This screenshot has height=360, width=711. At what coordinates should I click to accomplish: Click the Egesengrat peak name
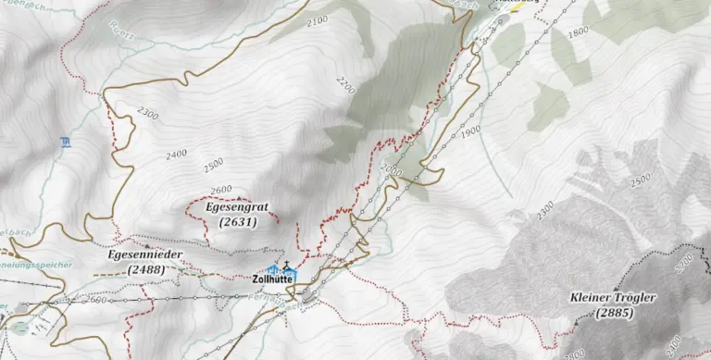(x=237, y=208)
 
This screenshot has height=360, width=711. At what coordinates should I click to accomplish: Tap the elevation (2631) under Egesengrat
(x=237, y=222)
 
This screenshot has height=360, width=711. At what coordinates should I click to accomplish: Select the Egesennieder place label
(x=145, y=254)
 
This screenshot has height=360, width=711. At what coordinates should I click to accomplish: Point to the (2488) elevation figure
(x=146, y=268)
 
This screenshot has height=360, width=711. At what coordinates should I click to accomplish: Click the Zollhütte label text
(x=272, y=278)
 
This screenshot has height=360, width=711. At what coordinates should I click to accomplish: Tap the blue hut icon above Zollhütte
(x=272, y=268)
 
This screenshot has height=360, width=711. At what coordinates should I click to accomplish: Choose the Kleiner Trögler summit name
(x=614, y=298)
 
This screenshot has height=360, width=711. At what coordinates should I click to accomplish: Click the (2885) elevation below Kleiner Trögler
(x=614, y=313)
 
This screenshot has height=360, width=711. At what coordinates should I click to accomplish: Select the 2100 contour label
(x=317, y=20)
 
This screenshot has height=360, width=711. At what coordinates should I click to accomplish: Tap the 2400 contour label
(x=176, y=154)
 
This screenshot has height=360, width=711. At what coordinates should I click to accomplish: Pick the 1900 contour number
(x=469, y=132)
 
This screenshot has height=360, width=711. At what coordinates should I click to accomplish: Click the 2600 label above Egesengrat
(x=220, y=190)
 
